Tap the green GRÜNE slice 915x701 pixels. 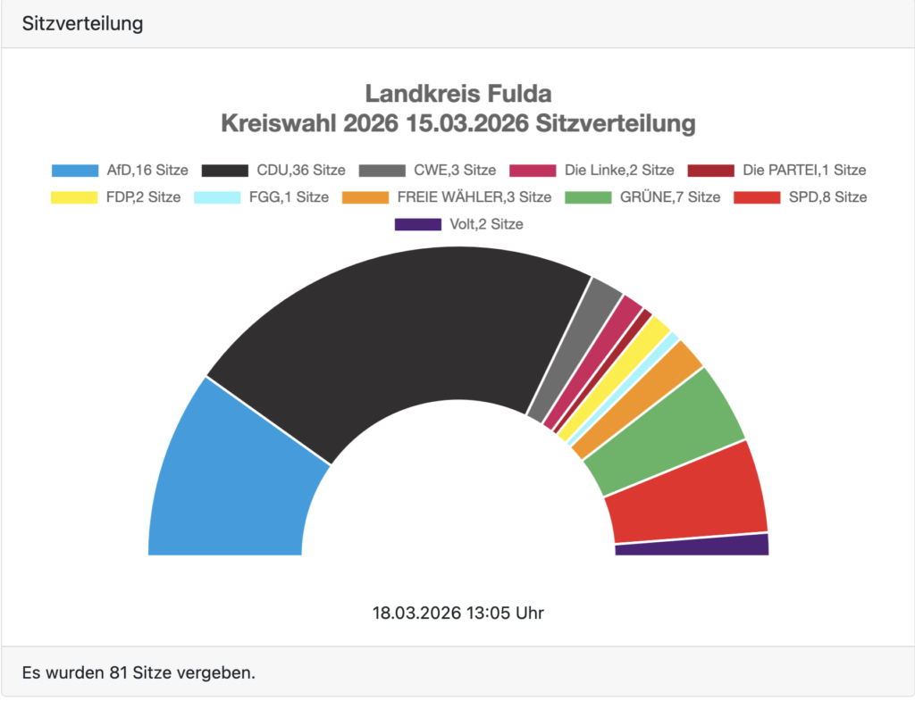[x=666, y=429]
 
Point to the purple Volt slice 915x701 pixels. [x=693, y=546]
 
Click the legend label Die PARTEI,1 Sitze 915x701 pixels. [x=804, y=170]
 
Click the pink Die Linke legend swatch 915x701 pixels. [x=533, y=170]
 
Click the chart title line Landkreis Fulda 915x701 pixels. [x=457, y=94]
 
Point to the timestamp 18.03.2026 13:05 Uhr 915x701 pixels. [x=457, y=613]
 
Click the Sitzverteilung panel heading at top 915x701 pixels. [x=82, y=24]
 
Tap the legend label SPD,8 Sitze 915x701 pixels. [x=826, y=197]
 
